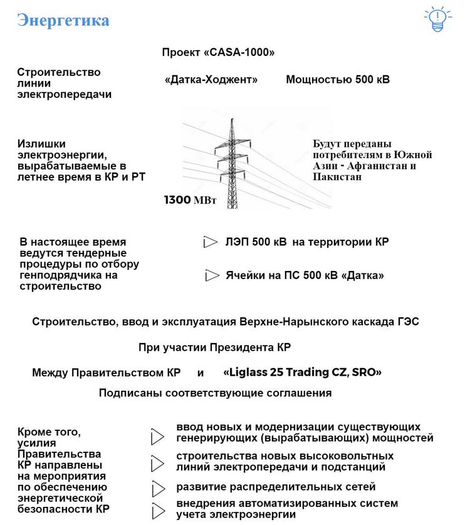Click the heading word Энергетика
63,20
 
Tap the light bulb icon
437,20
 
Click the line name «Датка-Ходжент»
212,80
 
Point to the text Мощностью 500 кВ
338,80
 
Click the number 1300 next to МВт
177,200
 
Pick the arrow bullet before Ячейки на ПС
211,275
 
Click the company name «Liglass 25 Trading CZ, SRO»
302,372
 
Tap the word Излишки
41,144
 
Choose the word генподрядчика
60,275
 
